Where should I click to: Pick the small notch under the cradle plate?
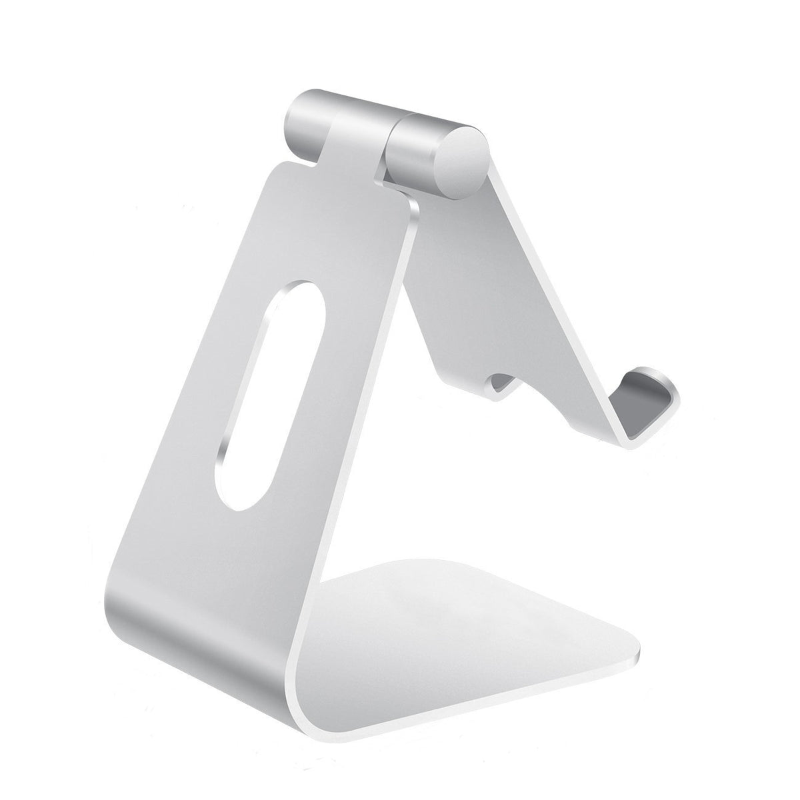point(503,383)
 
